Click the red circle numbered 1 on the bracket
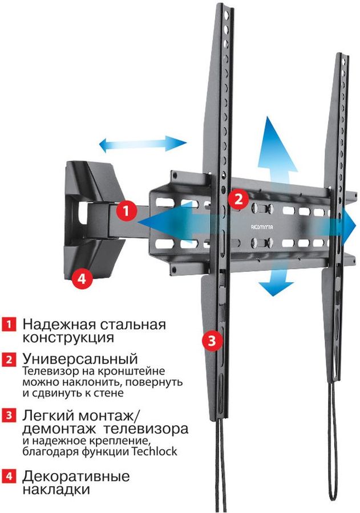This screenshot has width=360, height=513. point(126,210)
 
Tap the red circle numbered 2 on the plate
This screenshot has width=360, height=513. point(238,198)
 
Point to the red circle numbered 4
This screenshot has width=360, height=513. point(82,279)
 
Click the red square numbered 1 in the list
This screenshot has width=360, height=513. point(9,325)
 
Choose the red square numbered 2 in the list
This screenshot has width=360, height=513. point(9,360)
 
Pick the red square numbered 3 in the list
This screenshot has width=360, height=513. point(9,414)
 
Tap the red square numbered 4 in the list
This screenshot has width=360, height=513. point(9,475)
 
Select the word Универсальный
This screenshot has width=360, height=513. point(80,360)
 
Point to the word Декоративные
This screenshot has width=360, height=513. point(76,475)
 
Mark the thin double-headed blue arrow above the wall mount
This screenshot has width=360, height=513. point(142,144)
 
